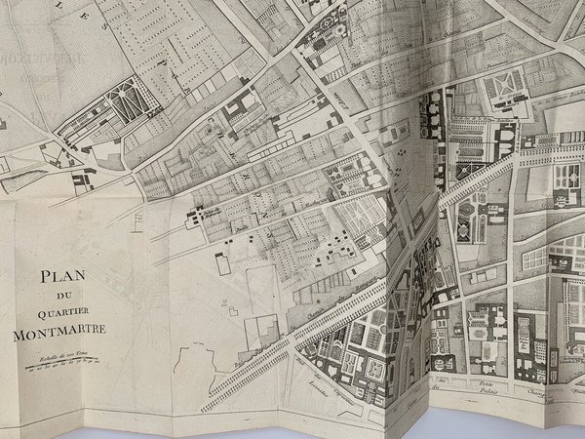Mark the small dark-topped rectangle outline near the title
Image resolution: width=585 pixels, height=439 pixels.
pos(222,263)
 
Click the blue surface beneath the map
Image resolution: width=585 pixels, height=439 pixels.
pos(292,431)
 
